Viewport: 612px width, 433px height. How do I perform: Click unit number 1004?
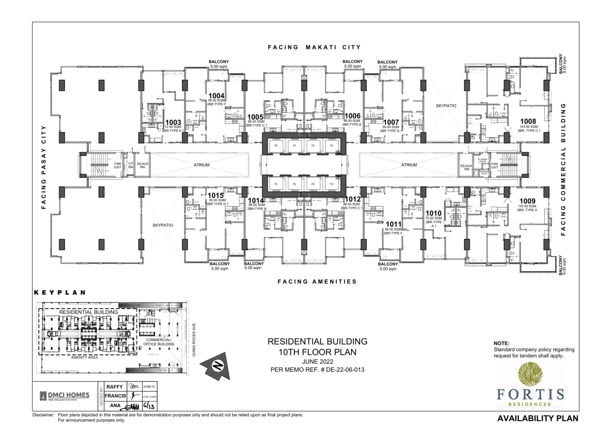coord(216,96)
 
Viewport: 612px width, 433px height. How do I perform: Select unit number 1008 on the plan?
coord(528,121)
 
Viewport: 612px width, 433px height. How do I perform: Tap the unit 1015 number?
coord(216,195)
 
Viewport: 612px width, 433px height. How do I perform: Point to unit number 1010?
coord(433,213)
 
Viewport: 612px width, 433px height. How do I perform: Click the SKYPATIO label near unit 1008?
coord(446,106)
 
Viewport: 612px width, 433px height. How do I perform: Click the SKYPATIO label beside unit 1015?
coord(163,225)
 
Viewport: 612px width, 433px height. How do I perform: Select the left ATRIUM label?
coord(202,165)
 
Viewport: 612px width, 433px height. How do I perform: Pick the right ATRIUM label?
coord(409,165)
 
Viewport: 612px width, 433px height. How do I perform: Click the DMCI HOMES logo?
coord(65,396)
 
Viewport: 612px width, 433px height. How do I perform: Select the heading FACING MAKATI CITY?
coord(314,47)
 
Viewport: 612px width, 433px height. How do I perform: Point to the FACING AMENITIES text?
coord(317,281)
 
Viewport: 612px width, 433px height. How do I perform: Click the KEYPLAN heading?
coord(60,292)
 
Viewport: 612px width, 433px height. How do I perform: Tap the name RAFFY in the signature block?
coord(114,387)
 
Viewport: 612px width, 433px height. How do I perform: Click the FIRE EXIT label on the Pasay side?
coord(118,165)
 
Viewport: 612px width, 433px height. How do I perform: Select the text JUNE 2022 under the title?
coord(318,362)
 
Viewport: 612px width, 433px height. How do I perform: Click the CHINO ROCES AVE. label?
coord(194,339)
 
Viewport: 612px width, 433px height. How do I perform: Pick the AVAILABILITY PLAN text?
coord(537,418)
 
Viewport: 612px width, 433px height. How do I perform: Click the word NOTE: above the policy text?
coord(501,343)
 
